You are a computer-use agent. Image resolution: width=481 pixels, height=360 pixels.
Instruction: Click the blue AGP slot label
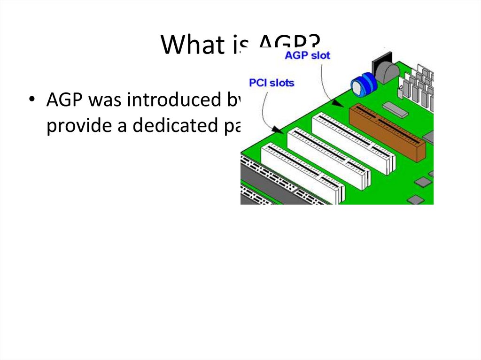coord(308,55)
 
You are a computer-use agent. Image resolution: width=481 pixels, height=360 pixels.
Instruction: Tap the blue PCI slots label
coord(272,83)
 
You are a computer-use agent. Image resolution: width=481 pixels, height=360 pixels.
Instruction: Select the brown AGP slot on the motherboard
coord(387,132)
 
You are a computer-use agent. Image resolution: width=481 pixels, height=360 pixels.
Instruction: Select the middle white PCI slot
coord(328,157)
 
